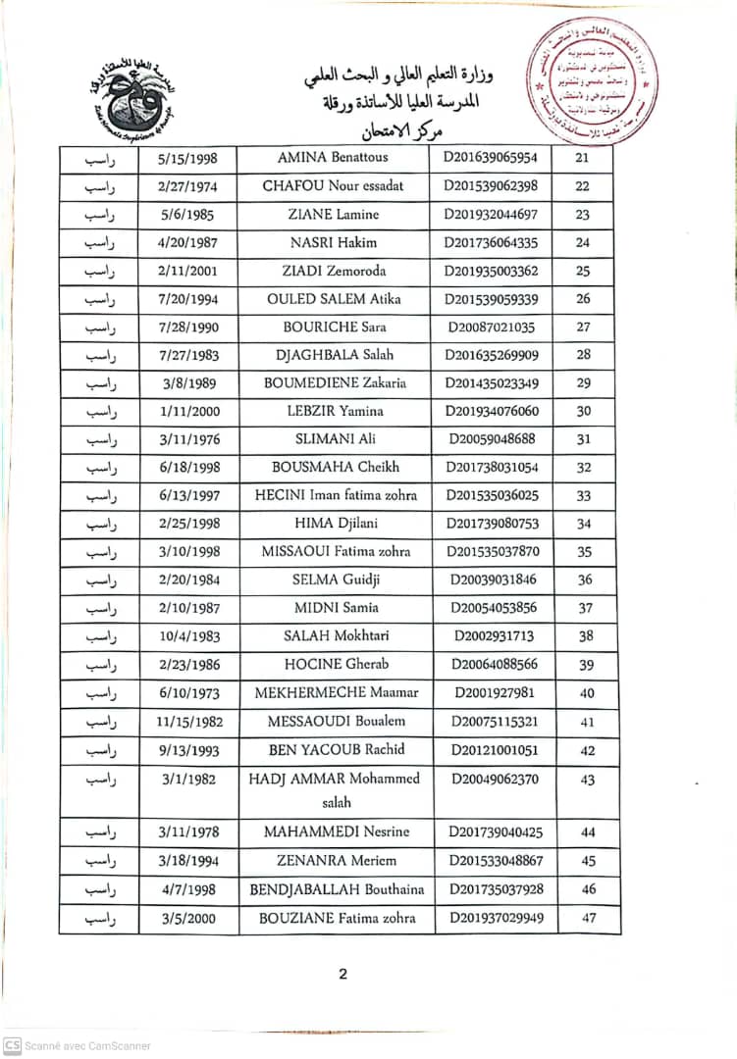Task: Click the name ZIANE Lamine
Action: [x=333, y=215]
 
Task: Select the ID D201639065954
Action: [x=491, y=158]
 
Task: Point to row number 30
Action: [x=584, y=412]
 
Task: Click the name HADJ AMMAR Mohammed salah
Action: [x=334, y=790]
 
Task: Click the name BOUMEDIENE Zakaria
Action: [x=335, y=383]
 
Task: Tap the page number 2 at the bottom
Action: [x=342, y=974]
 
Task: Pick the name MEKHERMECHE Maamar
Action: [x=337, y=693]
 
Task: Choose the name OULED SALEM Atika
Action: [x=333, y=299]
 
